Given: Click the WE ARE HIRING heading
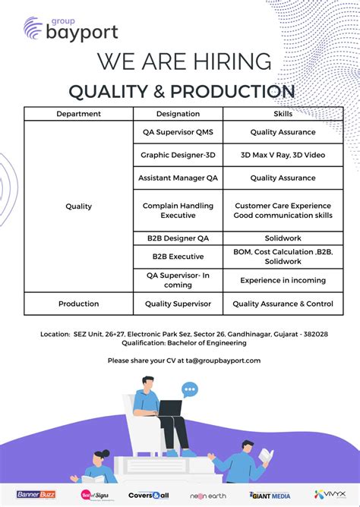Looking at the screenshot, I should coord(184,61).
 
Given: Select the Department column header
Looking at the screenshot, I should coord(78,114).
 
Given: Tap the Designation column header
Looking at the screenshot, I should coord(178,114).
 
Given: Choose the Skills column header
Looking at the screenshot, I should coord(283,114).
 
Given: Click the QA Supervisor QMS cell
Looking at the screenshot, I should coord(178,132).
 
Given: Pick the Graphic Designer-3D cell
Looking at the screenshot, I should coord(178,155).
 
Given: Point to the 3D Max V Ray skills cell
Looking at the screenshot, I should coord(283,155).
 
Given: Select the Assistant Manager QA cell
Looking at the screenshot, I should coord(178,178).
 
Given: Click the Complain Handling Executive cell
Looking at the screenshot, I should coord(178,210).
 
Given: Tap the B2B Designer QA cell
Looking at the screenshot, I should coord(178,238).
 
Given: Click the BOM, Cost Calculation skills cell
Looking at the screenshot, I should coord(283,257).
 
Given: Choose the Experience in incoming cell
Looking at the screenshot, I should coord(283,280).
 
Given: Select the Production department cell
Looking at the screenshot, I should coord(78,304).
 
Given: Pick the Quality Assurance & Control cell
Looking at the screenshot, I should coord(283,304).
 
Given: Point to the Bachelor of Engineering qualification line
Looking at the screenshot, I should coord(184,342).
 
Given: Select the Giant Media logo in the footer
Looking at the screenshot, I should coord(270,495).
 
